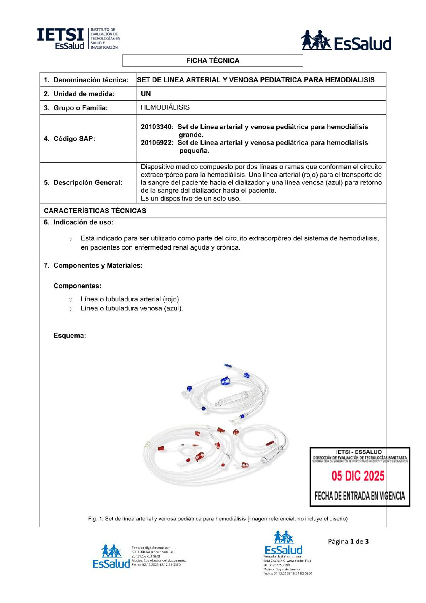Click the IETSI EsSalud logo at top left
[78, 39]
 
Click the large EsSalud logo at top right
[346, 41]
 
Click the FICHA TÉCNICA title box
[213, 60]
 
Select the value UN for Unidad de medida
[146, 93]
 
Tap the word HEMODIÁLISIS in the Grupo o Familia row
[165, 107]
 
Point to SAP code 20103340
[157, 127]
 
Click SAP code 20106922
[157, 143]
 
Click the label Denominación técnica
[91, 80]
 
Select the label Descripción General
[88, 182]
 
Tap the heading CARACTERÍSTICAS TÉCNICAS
[95, 211]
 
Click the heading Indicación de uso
[83, 222]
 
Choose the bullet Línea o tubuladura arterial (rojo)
[130, 299]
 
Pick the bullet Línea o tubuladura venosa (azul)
[132, 308]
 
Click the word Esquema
[69, 336]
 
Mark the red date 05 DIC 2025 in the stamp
[358, 476]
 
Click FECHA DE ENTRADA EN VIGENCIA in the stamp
[360, 496]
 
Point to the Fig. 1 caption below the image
[218, 518]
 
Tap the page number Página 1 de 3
[348, 541]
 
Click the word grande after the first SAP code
[191, 135]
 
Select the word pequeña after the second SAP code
[194, 151]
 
